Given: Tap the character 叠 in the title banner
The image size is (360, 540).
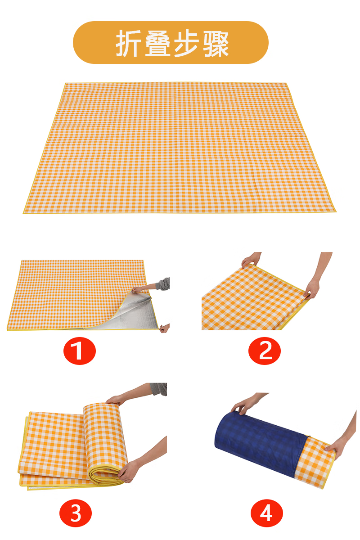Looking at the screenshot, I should [x=157, y=43].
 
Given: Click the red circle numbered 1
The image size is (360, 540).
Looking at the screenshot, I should [x=80, y=351].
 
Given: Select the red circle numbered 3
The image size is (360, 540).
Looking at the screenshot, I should [x=76, y=513].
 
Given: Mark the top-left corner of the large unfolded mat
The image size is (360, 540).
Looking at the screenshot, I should [x=66, y=84].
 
